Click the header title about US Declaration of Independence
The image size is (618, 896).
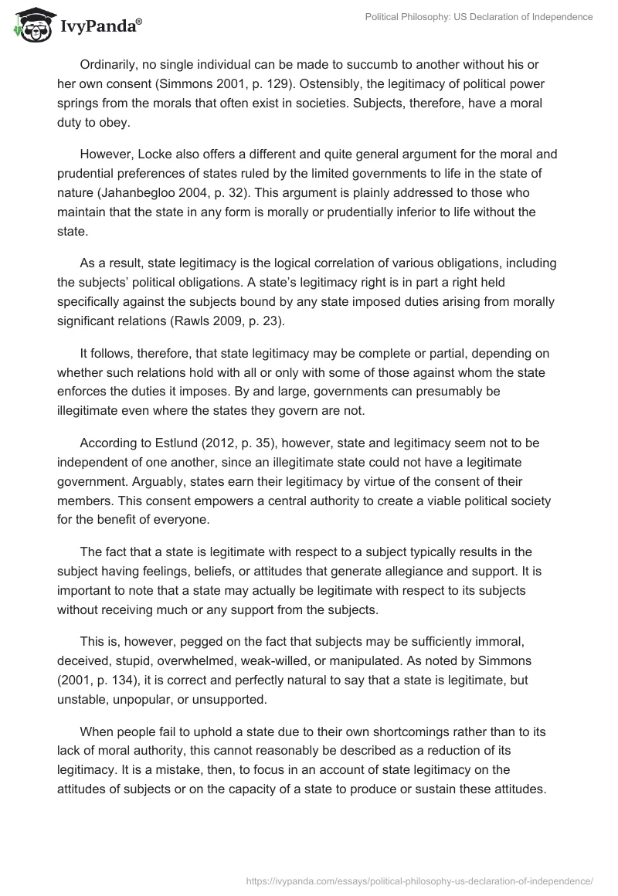click(x=479, y=17)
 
